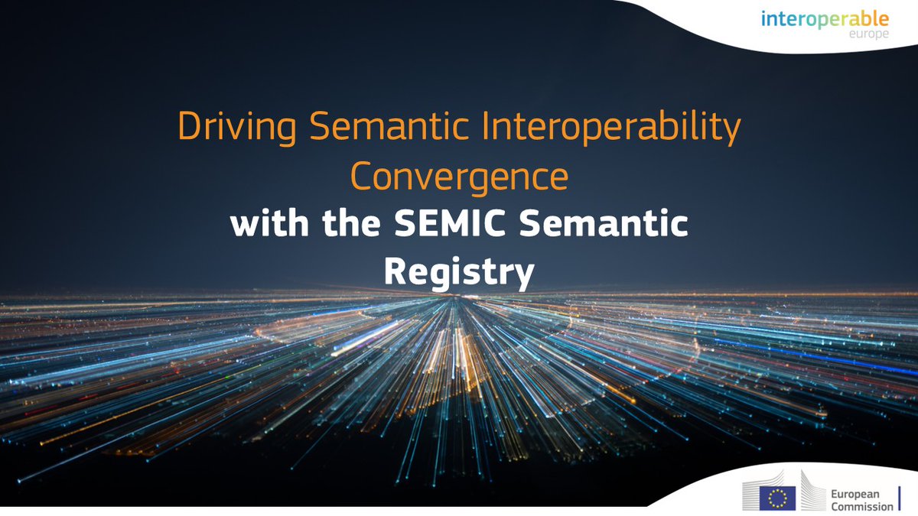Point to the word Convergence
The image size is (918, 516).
[x=459, y=177]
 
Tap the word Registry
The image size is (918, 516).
[x=458, y=274]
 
